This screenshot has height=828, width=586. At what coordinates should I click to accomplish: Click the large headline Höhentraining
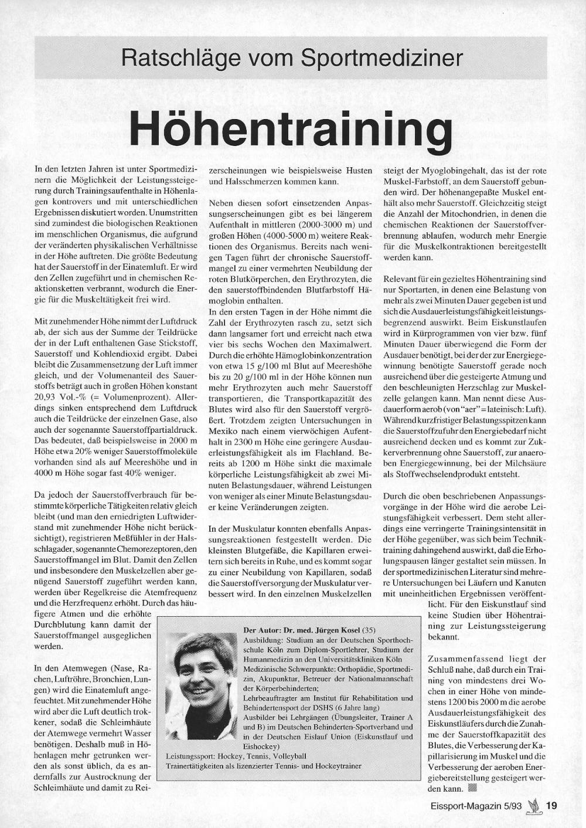tap(291, 128)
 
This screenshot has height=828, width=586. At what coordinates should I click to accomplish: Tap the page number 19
tap(551, 806)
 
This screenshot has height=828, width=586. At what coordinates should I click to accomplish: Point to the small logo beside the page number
tap(534, 805)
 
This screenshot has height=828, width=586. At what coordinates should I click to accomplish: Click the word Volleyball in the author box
tap(287, 756)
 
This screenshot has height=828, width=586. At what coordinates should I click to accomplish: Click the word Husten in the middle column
tap(357, 170)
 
